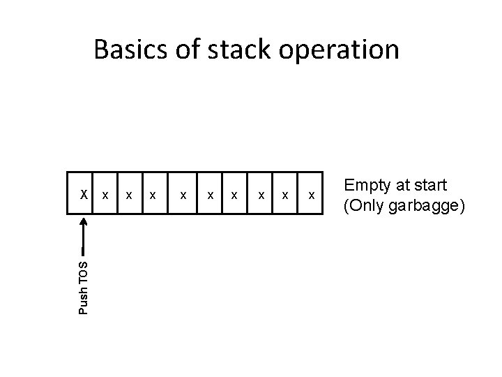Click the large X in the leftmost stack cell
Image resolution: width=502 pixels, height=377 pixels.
pyautogui.click(x=83, y=193)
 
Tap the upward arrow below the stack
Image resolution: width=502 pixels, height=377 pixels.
pyautogui.click(x=84, y=234)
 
